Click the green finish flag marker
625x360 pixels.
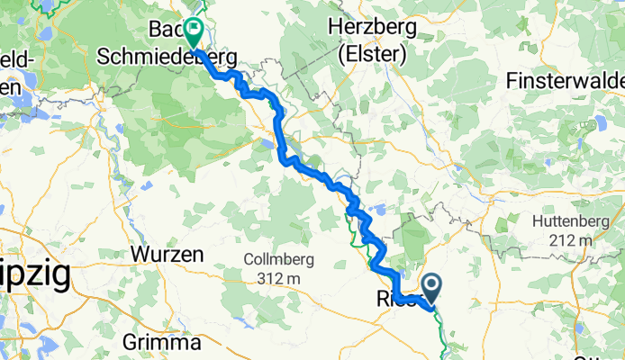pyautogui.click(x=194, y=32)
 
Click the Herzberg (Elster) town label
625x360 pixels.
pyautogui.click(x=372, y=40)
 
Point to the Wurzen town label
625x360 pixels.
pyautogui.click(x=167, y=255)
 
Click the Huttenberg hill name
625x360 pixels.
pyautogui.click(x=573, y=220)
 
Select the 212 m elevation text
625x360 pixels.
pyautogui.click(x=573, y=240)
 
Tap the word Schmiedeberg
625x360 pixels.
pyautogui.click(x=167, y=56)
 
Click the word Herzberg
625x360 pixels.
pyautogui.click(x=372, y=27)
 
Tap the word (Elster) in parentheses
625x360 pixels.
pyautogui.click(x=372, y=54)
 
